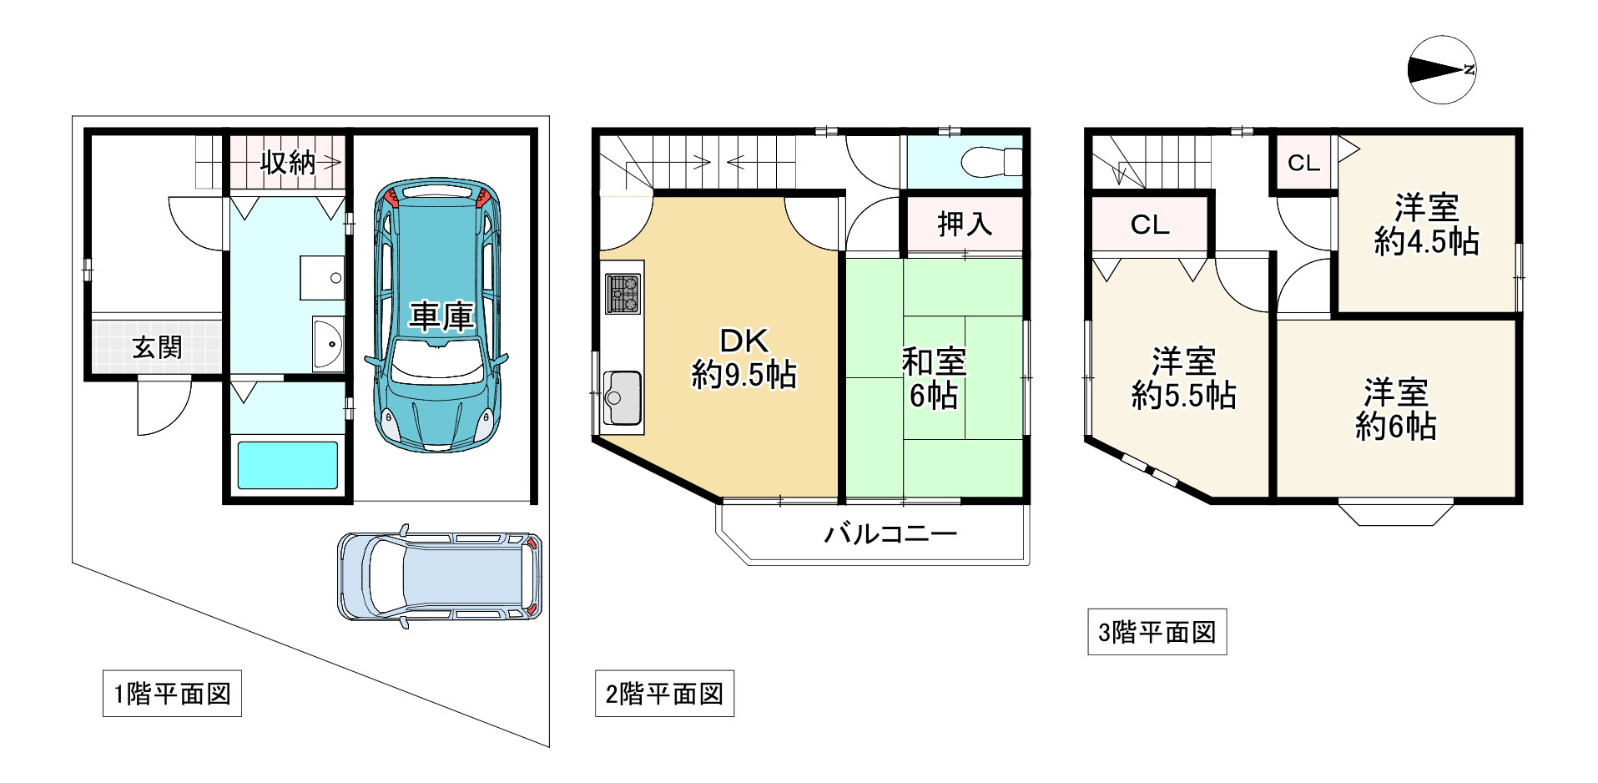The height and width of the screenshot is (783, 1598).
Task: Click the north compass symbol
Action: click(1441, 70)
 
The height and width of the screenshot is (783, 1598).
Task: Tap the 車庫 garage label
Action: click(441, 316)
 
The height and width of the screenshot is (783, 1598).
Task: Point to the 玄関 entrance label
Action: click(157, 346)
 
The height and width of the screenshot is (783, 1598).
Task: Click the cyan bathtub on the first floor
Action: click(288, 464)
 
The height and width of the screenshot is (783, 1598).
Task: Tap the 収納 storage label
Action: click(287, 163)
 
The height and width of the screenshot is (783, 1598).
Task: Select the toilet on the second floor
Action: click(992, 161)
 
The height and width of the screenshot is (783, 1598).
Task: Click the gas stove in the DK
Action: click(623, 294)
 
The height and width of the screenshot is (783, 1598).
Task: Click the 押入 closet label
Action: click(964, 224)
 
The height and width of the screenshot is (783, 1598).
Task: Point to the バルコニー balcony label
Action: click(890, 533)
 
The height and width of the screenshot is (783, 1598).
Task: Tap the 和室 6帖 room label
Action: click(934, 378)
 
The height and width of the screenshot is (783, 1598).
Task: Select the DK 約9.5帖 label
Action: click(744, 358)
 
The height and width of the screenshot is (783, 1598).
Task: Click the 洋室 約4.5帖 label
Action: click(1426, 225)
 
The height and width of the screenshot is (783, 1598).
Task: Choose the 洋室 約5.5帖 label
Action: click(1183, 378)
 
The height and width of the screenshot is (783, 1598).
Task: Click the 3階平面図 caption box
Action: click(1157, 632)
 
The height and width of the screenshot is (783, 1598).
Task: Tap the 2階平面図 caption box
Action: click(664, 694)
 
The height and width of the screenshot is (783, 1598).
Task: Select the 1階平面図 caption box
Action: click(172, 694)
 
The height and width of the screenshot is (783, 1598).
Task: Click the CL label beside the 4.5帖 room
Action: click(1303, 163)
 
